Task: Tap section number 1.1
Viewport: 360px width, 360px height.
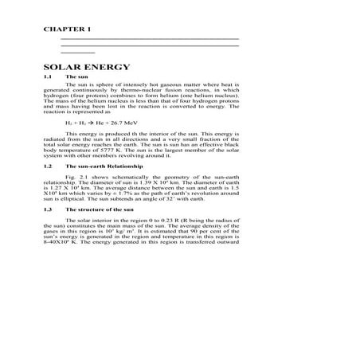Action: coord(47,77)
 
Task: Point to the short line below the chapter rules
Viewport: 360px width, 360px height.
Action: coord(72,53)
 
